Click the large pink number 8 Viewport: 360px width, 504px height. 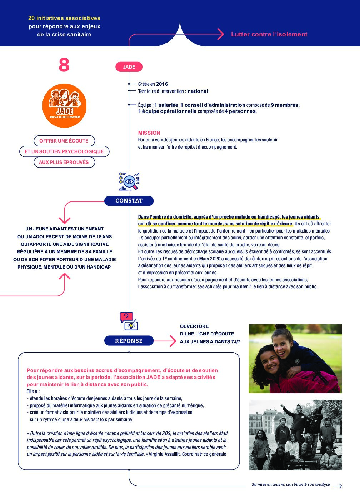click(64, 65)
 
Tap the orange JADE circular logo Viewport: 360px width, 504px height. click(64, 106)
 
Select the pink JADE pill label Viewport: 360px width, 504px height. click(129, 67)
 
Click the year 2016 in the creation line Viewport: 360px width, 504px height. click(162, 84)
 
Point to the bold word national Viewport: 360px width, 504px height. click(197, 91)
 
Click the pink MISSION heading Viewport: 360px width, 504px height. click(149, 133)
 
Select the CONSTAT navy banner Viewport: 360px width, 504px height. click(129, 201)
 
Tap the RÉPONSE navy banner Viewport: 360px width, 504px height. click(129, 341)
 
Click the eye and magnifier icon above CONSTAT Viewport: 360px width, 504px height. click(129, 181)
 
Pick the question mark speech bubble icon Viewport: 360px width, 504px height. click(126, 317)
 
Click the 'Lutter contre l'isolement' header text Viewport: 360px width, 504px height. click(269, 34)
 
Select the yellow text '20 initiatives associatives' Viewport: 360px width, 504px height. click(64, 18)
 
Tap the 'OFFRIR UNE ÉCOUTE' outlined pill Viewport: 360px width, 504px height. click(64, 141)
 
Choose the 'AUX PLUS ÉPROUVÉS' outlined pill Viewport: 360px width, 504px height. click(64, 162)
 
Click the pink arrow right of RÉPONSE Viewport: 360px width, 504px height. click(166, 341)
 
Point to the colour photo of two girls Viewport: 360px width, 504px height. click(295, 359)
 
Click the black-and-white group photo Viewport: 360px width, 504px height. click(295, 434)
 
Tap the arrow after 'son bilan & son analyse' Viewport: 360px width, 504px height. click(337, 485)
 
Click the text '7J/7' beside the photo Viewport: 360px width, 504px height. click(236, 341)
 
